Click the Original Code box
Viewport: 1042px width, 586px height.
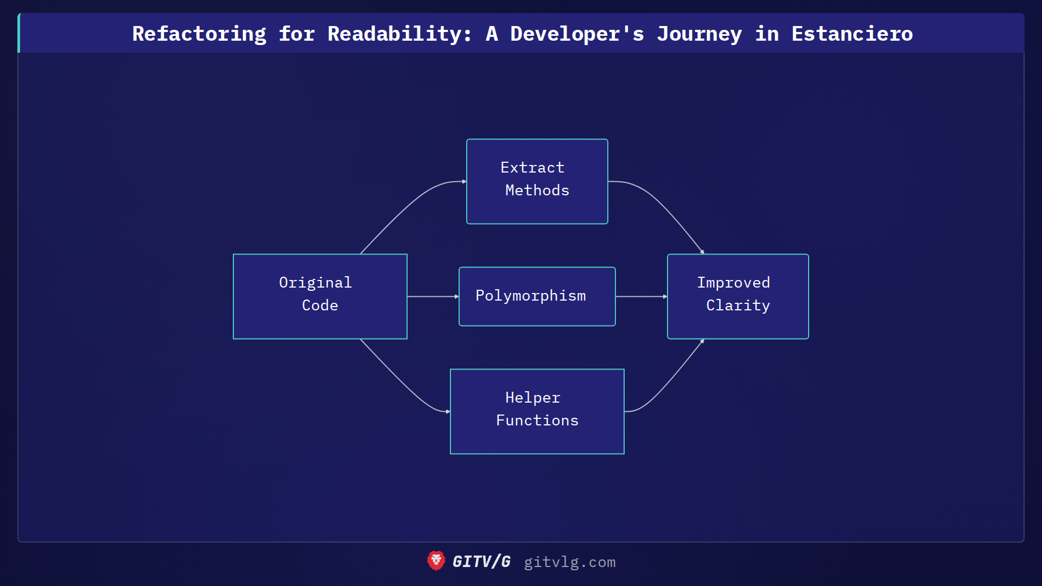coord(320,296)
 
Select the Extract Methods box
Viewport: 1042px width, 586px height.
coord(537,181)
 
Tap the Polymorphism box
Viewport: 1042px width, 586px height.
coord(537,296)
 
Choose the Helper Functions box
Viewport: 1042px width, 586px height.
coord(537,411)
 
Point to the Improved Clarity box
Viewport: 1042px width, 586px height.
coord(738,296)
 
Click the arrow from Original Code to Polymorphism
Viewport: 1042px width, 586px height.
coord(433,296)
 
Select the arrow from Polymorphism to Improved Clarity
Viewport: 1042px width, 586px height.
coord(641,296)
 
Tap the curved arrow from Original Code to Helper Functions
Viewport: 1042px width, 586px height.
coord(402,383)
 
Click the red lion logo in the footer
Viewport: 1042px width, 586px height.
coord(436,561)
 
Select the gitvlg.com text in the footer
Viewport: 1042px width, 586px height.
coord(569,562)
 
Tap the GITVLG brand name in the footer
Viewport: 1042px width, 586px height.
coord(481,562)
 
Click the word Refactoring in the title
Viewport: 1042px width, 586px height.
coord(199,34)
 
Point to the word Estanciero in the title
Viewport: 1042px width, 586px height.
coord(852,34)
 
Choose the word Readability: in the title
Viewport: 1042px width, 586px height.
coord(399,34)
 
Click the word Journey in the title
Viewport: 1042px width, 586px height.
coord(699,34)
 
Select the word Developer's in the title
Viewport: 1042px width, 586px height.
coord(577,34)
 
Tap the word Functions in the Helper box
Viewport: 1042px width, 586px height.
coord(537,421)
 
